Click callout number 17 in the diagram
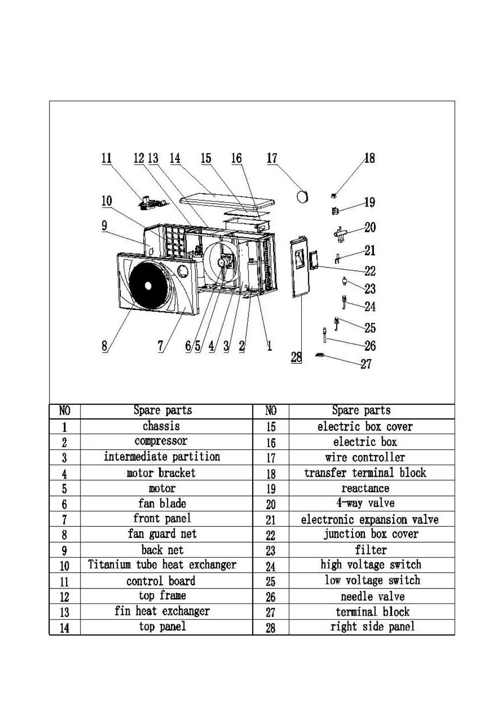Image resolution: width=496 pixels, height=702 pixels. click(x=272, y=158)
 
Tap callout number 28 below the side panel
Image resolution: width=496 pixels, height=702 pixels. click(x=296, y=357)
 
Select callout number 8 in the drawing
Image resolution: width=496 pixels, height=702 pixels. click(x=104, y=346)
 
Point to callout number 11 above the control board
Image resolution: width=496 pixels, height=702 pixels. click(x=107, y=158)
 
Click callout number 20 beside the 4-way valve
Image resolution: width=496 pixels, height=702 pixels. click(x=370, y=228)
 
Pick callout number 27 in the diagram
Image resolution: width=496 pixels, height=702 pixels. click(x=366, y=364)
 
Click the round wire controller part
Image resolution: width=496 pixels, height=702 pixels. click(x=302, y=196)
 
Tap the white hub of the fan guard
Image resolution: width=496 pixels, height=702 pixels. click(x=148, y=286)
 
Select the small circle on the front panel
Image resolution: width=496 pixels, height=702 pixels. click(x=183, y=271)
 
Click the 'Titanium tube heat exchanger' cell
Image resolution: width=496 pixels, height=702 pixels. click(x=162, y=565)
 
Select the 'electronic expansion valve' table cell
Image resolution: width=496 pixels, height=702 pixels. click(x=369, y=519)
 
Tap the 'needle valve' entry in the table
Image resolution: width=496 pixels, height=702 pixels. click(x=372, y=597)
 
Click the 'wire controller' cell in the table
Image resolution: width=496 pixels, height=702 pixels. click(x=365, y=457)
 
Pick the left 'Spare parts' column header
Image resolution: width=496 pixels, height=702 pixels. click(x=162, y=410)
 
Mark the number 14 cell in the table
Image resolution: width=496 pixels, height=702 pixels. click(x=64, y=627)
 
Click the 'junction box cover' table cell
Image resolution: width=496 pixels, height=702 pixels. click(x=371, y=534)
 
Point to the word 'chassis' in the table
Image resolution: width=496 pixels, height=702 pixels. click(x=161, y=426)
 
